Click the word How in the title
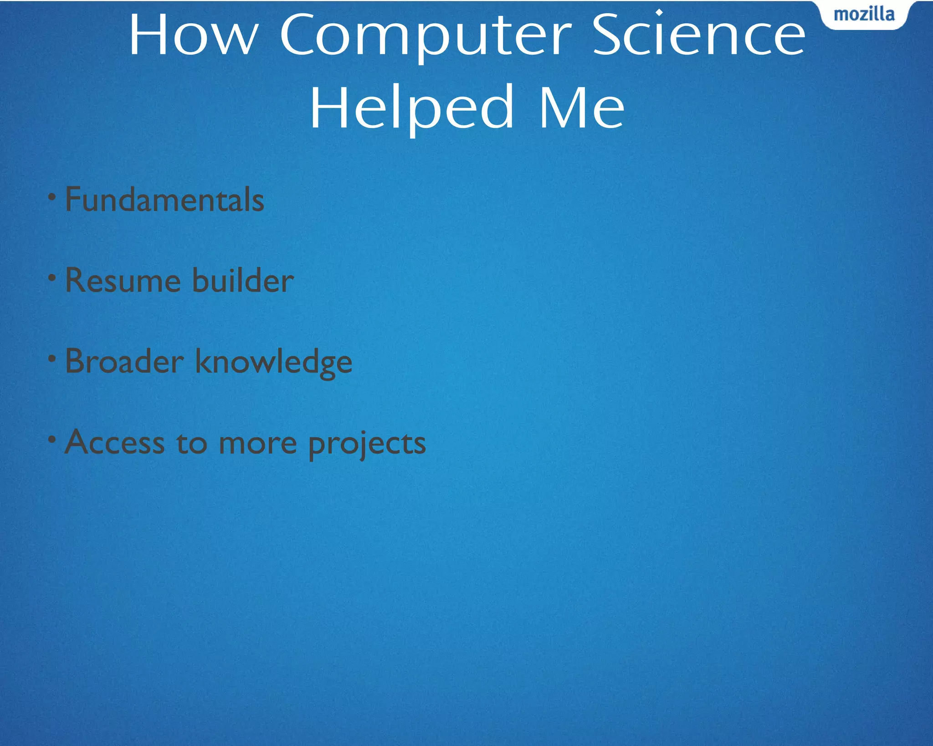click(x=194, y=36)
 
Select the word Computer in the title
click(x=425, y=36)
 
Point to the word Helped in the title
click(x=412, y=108)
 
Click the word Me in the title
click(x=581, y=108)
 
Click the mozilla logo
click(x=864, y=15)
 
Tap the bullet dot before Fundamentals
click(x=52, y=197)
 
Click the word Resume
click(x=123, y=280)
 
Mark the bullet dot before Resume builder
click(x=52, y=277)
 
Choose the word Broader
click(x=124, y=361)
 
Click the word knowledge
click(x=274, y=363)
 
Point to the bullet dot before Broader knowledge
click(x=52, y=358)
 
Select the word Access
click(x=115, y=442)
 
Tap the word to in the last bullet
click(x=192, y=443)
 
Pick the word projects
click(x=367, y=444)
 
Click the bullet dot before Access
click(x=52, y=439)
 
